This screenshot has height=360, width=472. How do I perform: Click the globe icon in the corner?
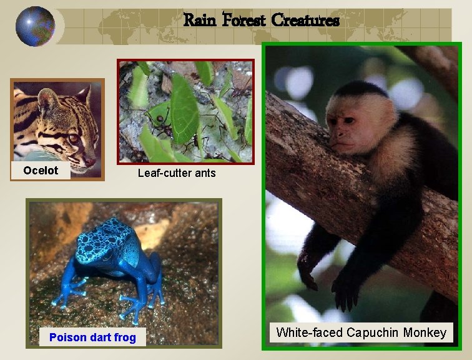click(35, 26)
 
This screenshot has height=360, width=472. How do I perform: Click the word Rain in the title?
click(200, 21)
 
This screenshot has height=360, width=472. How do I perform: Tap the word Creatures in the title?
click(305, 21)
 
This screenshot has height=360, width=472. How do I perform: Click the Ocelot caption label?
click(41, 171)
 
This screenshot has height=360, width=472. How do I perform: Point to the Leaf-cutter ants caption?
click(177, 172)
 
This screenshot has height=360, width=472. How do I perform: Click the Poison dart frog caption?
click(92, 337)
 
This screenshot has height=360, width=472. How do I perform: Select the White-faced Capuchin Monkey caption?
click(361, 332)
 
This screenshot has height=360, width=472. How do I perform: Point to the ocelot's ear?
click(47, 98)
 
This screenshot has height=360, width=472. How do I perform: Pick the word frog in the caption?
click(124, 337)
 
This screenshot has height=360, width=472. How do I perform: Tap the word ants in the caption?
click(204, 172)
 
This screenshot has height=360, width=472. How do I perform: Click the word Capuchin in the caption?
click(375, 332)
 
